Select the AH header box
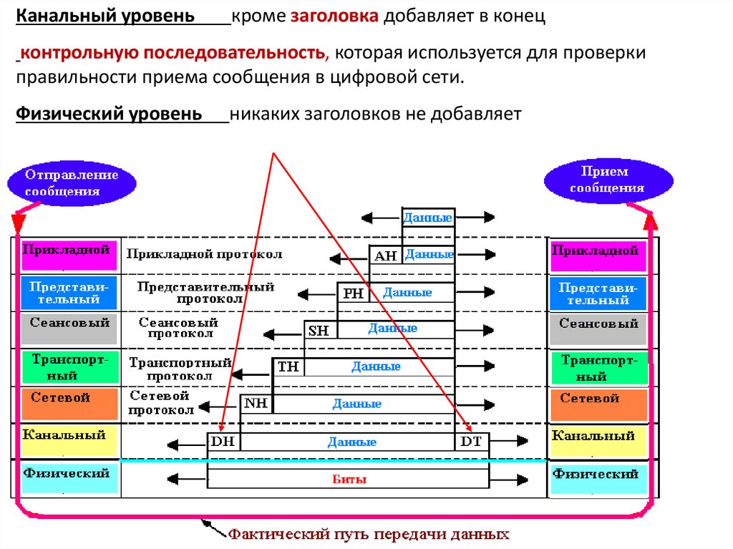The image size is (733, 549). pyautogui.click(x=386, y=256)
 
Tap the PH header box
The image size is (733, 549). pyautogui.click(x=353, y=293)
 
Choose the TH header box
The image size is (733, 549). pyautogui.click(x=288, y=367)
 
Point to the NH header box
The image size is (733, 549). pyautogui.click(x=256, y=404)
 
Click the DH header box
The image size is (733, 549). pyautogui.click(x=223, y=442)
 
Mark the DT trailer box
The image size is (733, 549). pyautogui.click(x=471, y=442)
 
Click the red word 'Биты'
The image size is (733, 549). pyautogui.click(x=350, y=480)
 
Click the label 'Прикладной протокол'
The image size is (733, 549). pyautogui.click(x=204, y=254)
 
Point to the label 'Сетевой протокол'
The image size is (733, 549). pyautogui.click(x=162, y=404)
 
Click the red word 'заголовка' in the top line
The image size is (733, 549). pyautogui.click(x=334, y=16)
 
